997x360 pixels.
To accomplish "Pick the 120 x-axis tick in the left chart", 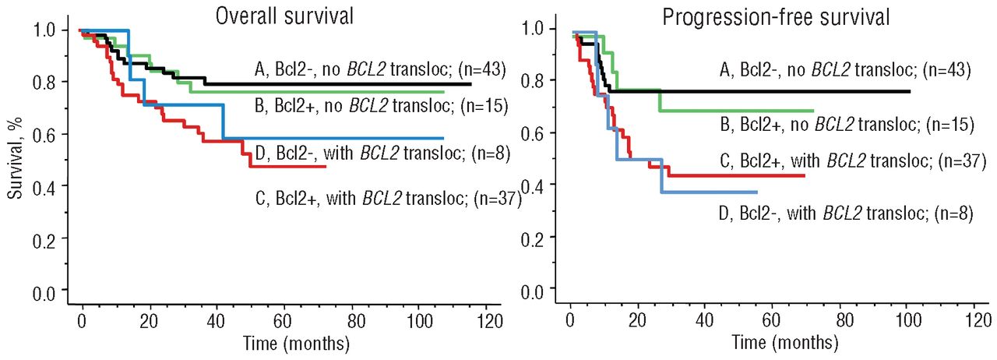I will tap(488, 320).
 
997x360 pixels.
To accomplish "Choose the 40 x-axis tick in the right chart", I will tap(705, 320).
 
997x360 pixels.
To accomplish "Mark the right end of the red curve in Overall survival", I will tap(326, 167).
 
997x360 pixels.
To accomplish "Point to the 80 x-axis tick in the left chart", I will tap(353, 320).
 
